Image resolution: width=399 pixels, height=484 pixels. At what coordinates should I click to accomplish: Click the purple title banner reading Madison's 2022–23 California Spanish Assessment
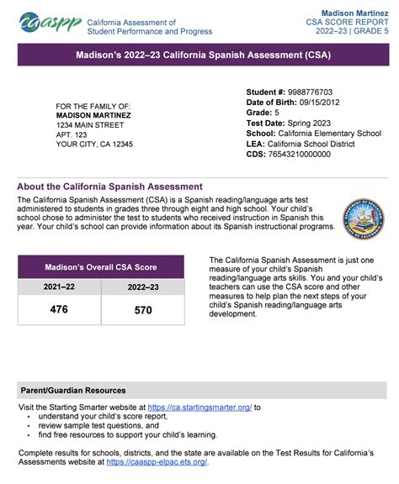coord(199,55)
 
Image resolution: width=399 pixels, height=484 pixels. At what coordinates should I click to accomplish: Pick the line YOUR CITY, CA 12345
coord(94,145)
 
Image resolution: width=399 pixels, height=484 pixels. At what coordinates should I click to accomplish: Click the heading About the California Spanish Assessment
coord(109,186)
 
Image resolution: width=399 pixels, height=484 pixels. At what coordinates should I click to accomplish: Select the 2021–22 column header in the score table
coord(59,287)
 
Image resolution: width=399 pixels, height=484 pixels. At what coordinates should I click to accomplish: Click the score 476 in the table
coord(59,310)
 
